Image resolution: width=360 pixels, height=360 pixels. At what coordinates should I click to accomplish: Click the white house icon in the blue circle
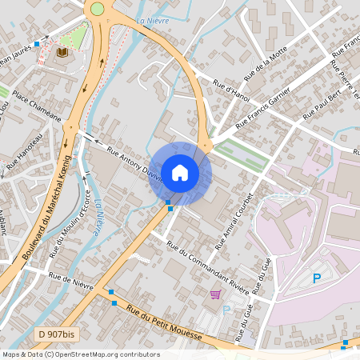pyautogui.click(x=180, y=172)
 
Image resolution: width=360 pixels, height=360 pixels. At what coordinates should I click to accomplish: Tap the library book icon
pyautogui.click(x=62, y=52)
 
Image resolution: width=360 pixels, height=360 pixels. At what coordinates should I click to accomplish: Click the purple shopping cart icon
pyautogui.click(x=214, y=294)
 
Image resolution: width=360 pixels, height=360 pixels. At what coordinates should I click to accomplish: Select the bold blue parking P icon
pyautogui.click(x=317, y=278)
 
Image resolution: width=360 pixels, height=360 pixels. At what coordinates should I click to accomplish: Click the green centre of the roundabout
pyautogui.click(x=98, y=8)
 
